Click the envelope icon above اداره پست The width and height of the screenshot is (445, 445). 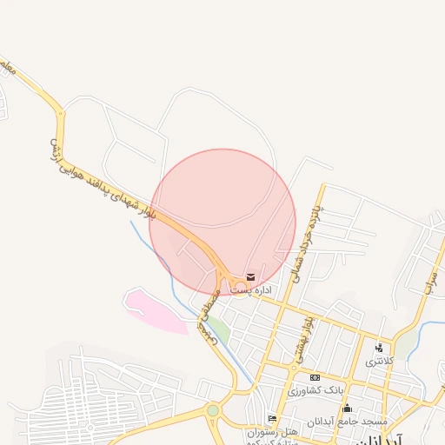(x=251, y=277)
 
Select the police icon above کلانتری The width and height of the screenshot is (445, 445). (x=378, y=349)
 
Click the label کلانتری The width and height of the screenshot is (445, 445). (x=379, y=360)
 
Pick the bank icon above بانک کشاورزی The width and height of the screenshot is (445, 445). (x=315, y=377)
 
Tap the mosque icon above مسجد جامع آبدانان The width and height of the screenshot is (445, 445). (x=347, y=408)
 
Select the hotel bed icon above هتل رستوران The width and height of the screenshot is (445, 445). (x=272, y=419)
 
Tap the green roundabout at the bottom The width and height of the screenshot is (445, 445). (x=213, y=409)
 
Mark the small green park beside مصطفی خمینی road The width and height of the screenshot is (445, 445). (x=221, y=331)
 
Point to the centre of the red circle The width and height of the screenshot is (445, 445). (x=222, y=222)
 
